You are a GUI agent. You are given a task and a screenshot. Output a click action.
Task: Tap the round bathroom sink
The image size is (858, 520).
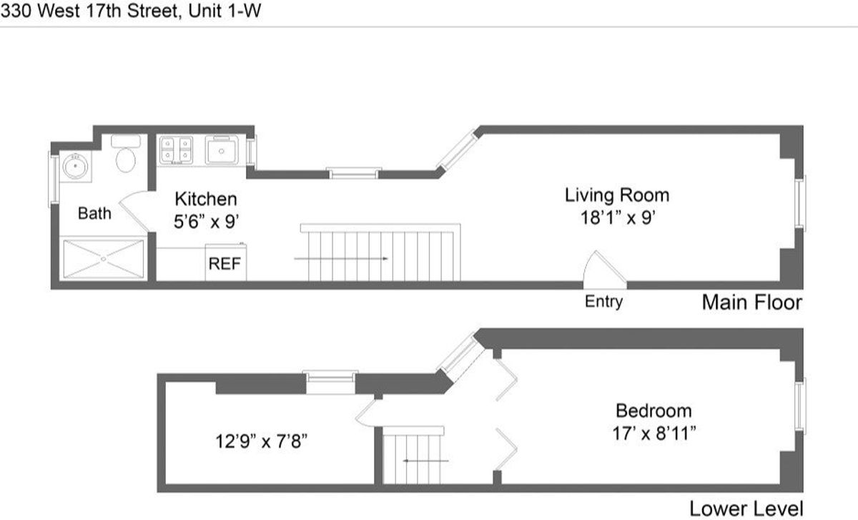[74, 167]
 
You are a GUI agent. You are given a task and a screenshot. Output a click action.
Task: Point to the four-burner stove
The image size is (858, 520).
[176, 149]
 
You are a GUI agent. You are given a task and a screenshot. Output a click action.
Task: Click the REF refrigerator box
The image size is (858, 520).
[225, 263]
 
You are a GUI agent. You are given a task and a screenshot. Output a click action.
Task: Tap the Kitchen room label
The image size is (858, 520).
[205, 200]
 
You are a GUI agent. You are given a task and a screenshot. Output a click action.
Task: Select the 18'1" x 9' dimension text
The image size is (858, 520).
[617, 217]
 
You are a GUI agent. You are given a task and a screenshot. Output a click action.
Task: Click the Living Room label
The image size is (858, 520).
[617, 195]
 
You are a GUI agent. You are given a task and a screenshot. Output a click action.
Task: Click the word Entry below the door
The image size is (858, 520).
[603, 302]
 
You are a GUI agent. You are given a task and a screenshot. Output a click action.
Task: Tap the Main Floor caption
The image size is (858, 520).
[751, 302]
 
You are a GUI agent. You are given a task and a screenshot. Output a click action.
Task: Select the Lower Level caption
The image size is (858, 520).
[746, 509]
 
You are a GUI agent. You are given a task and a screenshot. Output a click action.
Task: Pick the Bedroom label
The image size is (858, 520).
[654, 411]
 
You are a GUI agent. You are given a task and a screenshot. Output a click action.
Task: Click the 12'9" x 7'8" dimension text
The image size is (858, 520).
[261, 441]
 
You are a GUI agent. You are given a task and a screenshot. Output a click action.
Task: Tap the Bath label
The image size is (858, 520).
[94, 213]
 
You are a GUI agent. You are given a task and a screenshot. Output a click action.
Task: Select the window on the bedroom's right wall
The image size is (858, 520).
[802, 406]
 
